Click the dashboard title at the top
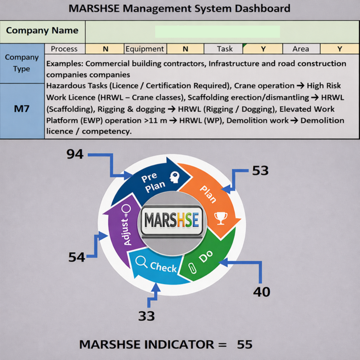point(180,8)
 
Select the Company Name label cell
point(42,31)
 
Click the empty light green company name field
point(217,31)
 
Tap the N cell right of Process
point(105,49)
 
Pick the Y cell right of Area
point(339,49)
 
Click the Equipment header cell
point(145,49)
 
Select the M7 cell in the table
point(22,111)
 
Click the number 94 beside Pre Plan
point(75,153)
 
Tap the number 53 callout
point(260,170)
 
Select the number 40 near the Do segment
point(262,292)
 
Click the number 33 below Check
point(146,316)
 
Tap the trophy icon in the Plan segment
point(220,217)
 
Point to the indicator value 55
point(244,345)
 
